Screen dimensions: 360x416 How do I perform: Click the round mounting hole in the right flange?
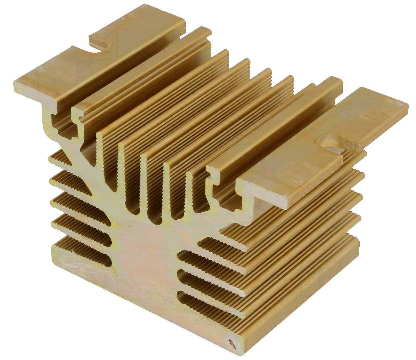(331, 142)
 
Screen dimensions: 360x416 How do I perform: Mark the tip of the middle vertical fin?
(143, 157)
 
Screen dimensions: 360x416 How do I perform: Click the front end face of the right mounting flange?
(263, 193)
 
